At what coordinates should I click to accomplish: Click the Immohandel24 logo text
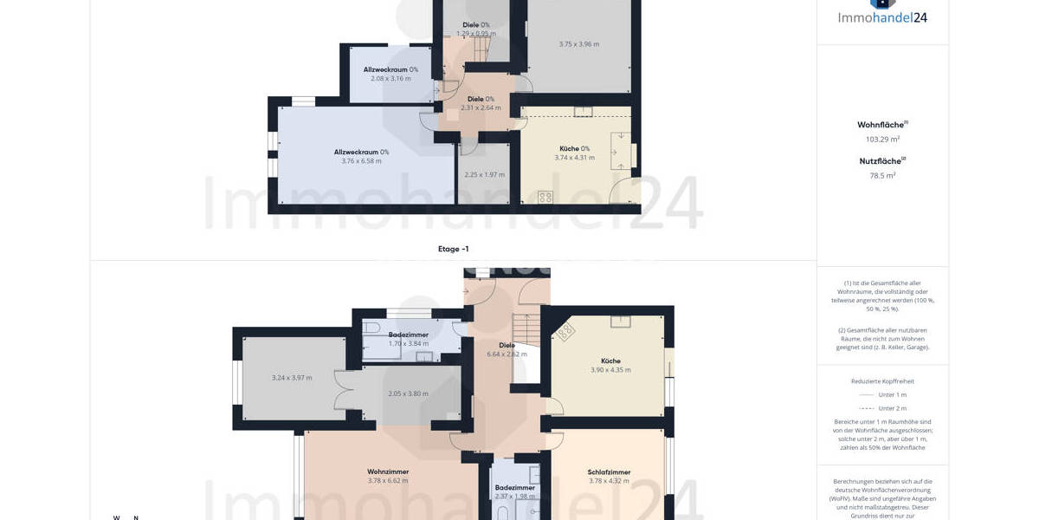tap(882, 16)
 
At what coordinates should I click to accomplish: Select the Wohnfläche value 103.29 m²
tap(882, 139)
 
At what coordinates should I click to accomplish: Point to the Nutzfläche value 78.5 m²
tap(882, 175)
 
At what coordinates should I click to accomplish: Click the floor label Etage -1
tap(453, 249)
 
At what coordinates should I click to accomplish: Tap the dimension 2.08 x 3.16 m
tap(390, 79)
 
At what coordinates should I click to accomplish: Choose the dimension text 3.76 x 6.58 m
tap(361, 161)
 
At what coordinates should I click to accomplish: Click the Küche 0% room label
tap(574, 148)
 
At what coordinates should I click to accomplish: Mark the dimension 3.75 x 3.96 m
tap(578, 44)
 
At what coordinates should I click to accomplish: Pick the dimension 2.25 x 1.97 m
tap(484, 175)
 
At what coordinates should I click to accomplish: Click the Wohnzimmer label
tap(387, 471)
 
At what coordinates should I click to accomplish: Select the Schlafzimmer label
tap(609, 472)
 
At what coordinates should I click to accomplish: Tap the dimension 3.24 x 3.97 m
tap(291, 378)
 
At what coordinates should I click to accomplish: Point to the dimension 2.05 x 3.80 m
tap(408, 393)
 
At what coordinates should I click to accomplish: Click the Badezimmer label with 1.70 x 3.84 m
tap(408, 334)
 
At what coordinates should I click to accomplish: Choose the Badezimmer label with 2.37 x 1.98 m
tap(514, 488)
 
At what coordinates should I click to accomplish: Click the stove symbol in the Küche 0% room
tap(545, 197)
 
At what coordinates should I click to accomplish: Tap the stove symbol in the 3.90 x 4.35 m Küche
tap(565, 332)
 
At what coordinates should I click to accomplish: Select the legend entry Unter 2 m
tap(892, 408)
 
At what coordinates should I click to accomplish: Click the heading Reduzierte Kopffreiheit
tap(882, 381)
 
